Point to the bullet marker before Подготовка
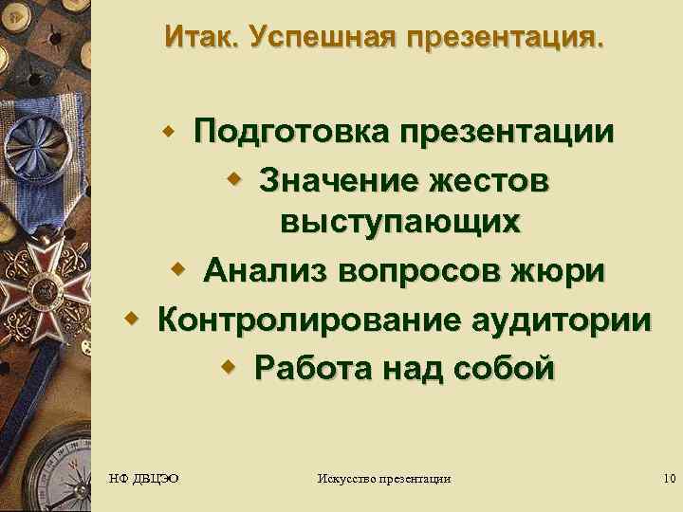(174, 128)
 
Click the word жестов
(488, 177)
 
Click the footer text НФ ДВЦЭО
(144, 478)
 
